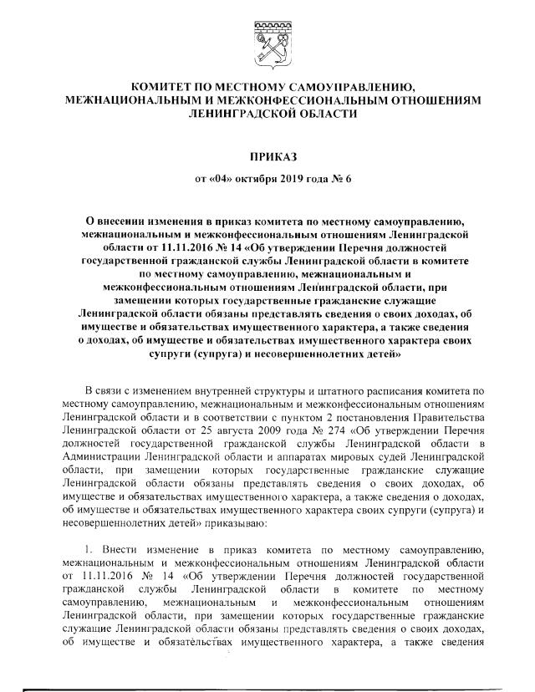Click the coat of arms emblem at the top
tap(267, 42)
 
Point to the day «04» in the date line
tap(219, 177)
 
